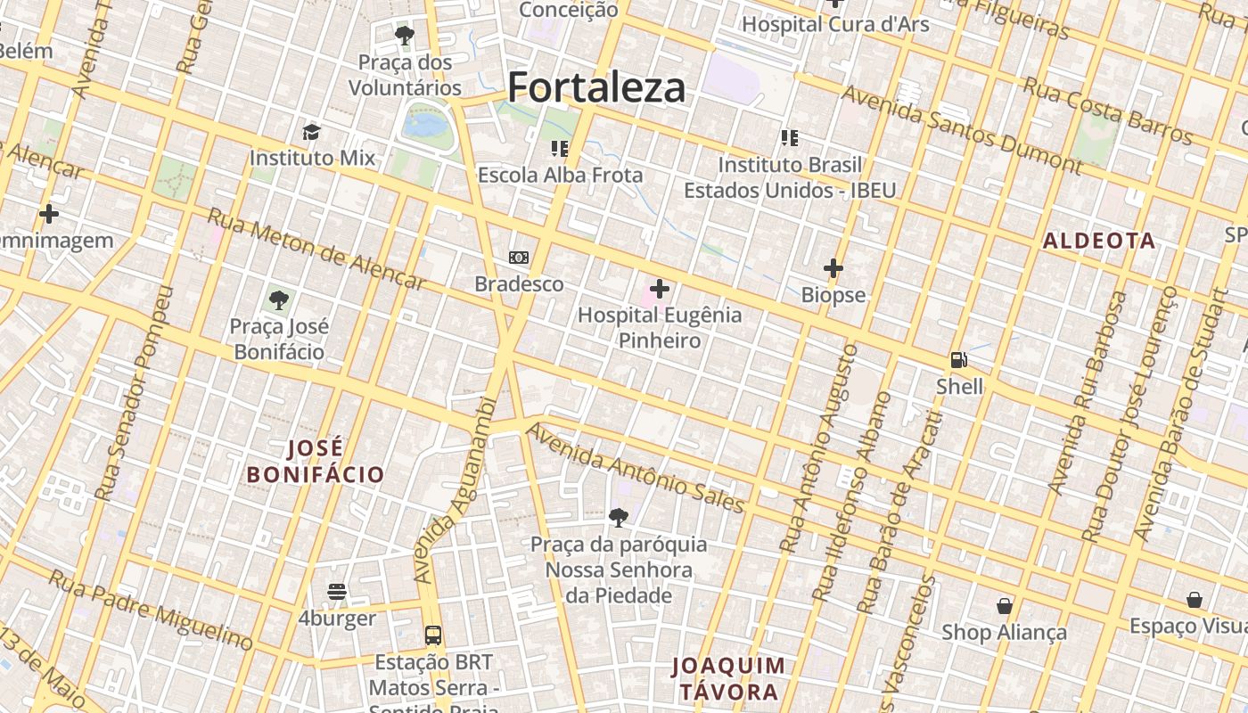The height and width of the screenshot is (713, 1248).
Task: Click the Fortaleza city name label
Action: [x=596, y=87]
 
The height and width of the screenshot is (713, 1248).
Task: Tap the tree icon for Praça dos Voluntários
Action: [x=405, y=36]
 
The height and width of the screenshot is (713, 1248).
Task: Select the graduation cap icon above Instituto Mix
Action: [x=311, y=132]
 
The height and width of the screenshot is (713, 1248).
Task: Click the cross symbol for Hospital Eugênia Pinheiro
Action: [x=660, y=289]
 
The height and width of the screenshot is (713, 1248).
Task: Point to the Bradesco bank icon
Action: [x=519, y=258]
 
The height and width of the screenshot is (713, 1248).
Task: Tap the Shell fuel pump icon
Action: [x=959, y=360]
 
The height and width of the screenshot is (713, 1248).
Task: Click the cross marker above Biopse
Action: [x=833, y=267]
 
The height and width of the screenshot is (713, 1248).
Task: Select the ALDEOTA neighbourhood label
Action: [x=1099, y=241]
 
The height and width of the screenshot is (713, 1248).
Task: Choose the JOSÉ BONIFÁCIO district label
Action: [x=316, y=462]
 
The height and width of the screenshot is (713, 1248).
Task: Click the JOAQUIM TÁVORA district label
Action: [x=729, y=678]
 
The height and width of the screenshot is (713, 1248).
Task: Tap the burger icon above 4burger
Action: [x=337, y=592]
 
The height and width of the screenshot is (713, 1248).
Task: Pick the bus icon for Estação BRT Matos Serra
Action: [x=433, y=635]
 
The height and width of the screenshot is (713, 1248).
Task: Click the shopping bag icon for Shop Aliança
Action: [x=1005, y=606]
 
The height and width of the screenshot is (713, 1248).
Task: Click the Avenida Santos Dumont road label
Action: [x=963, y=129]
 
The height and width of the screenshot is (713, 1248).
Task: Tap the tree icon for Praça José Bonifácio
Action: [x=279, y=299]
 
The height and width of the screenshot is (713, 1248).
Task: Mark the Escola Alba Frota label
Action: [x=560, y=175]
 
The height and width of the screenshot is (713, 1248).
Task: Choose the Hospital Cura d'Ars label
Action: [x=835, y=24]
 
